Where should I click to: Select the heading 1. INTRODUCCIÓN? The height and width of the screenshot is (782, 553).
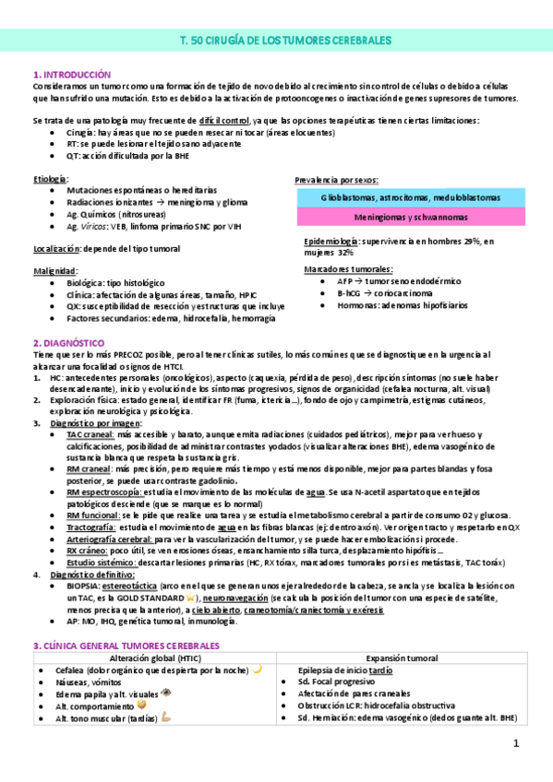point(71,74)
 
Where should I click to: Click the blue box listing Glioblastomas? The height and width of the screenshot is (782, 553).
point(411,197)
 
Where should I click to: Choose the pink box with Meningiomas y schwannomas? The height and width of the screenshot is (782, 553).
point(411,218)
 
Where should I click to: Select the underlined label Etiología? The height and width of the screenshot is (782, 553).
point(50,177)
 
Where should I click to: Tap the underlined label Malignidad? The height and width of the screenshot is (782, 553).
point(54,270)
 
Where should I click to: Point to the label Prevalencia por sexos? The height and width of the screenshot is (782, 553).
point(336,179)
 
